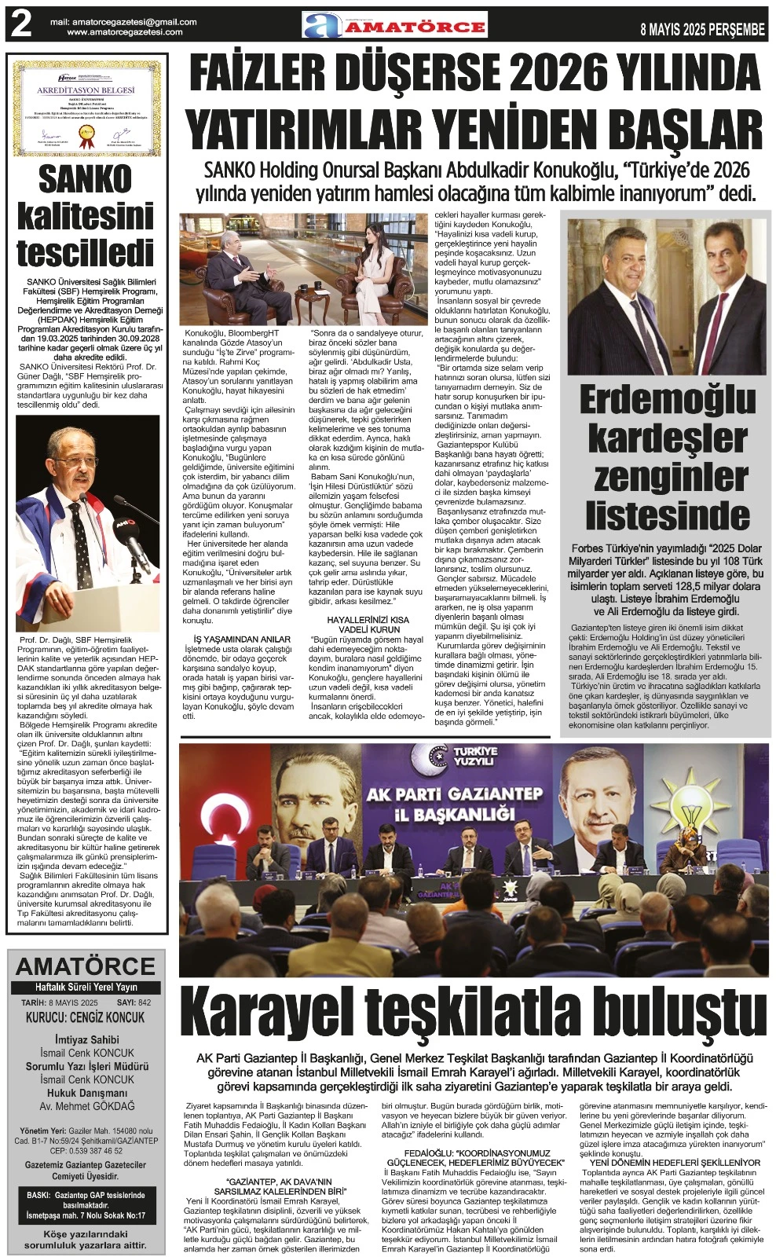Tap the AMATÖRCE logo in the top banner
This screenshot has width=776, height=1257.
(395, 27)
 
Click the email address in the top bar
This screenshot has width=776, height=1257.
(124, 22)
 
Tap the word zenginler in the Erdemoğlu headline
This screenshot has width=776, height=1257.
(666, 476)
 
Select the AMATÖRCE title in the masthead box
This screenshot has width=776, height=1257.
(86, 966)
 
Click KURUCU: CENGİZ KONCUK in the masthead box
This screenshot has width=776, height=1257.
(85, 1017)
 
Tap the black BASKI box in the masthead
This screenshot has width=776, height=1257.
(86, 1205)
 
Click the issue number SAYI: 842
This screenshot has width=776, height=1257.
(134, 1003)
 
